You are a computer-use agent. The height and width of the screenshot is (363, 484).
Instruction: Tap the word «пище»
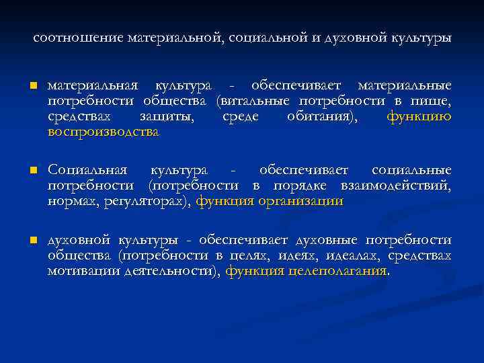(432, 102)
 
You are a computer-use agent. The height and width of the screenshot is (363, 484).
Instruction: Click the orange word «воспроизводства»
(104, 132)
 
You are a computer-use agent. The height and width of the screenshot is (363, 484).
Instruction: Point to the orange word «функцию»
(419, 116)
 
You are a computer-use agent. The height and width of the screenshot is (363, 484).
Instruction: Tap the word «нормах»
(71, 200)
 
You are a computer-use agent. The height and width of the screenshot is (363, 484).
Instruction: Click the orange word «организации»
(300, 200)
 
